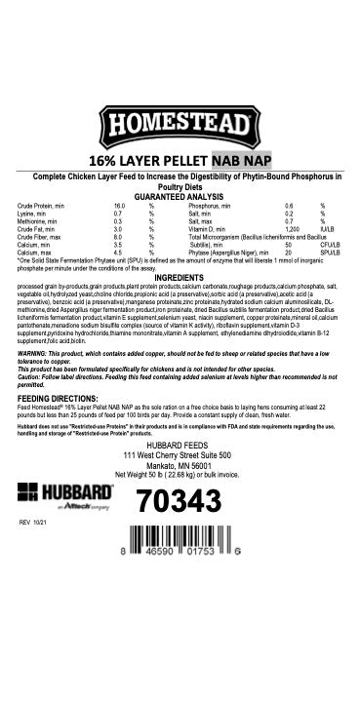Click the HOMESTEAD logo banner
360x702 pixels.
pyautogui.click(x=180, y=128)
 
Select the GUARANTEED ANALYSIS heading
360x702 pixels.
pyautogui.click(x=180, y=196)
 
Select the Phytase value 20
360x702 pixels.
pyautogui.click(x=288, y=252)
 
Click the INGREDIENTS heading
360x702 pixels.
pyautogui.click(x=180, y=278)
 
